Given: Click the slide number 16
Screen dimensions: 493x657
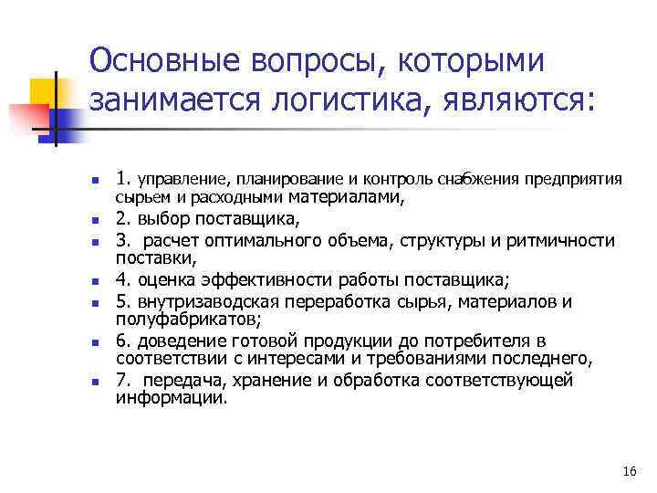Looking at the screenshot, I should pyautogui.click(x=627, y=471).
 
